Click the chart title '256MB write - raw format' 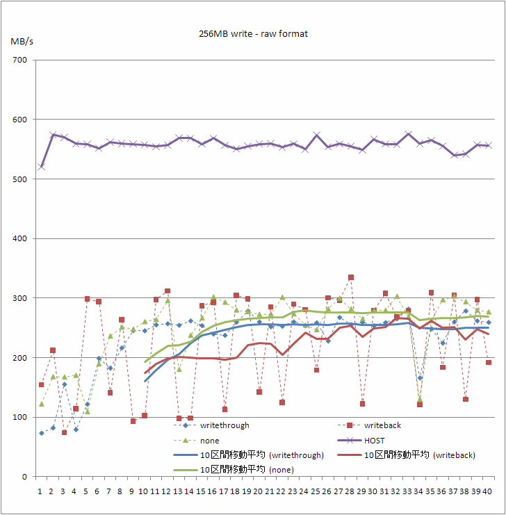(x=252, y=33)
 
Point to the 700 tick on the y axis (x=19, y=60)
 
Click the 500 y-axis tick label (x=19, y=179)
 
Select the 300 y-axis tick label (x=19, y=298)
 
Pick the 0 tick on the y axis (x=24, y=477)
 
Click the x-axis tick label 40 (x=489, y=491)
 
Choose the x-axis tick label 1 (x=40, y=491)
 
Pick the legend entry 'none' (x=209, y=441)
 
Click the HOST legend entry (x=375, y=441)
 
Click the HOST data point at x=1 (x=41, y=167)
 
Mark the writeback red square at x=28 (x=351, y=277)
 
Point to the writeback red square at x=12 (x=168, y=291)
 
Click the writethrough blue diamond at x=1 (x=41, y=433)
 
